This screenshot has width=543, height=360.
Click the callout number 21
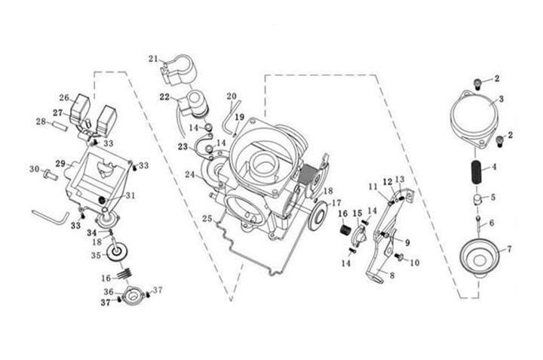pyautogui.click(x=153, y=59)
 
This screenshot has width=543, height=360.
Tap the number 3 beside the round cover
pyautogui.click(x=501, y=100)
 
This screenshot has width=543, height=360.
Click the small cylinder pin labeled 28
pyautogui.click(x=59, y=125)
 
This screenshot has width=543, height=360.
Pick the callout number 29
pyautogui.click(x=60, y=163)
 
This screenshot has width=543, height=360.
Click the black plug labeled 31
pyautogui.click(x=102, y=201)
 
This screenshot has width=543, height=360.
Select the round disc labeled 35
pyautogui.click(x=116, y=254)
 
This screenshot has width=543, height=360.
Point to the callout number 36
pyautogui.click(x=109, y=292)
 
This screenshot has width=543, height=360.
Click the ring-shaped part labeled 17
pyautogui.click(x=318, y=216)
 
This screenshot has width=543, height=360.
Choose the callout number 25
pyautogui.click(x=207, y=219)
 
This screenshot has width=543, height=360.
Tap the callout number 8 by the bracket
pyautogui.click(x=392, y=275)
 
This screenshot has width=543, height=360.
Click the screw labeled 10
pyautogui.click(x=400, y=257)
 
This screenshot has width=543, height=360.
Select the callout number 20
pyautogui.click(x=232, y=96)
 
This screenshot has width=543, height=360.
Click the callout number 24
pyautogui.click(x=190, y=174)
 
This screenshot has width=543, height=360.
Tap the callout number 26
pyautogui.click(x=64, y=97)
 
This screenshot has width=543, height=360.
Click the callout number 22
pyautogui.click(x=164, y=97)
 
